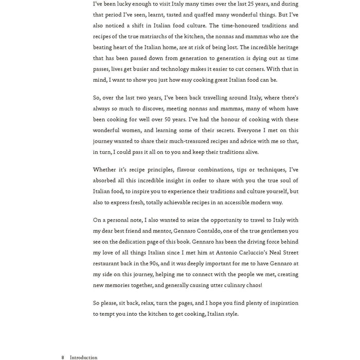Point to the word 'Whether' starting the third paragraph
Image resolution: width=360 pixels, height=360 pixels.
104,170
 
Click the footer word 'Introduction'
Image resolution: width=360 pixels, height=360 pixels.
84,357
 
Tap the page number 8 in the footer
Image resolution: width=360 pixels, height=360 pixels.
62,357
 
